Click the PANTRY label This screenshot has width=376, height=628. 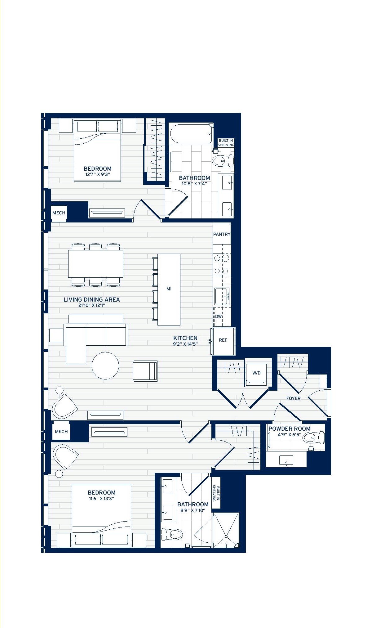(x=222, y=234)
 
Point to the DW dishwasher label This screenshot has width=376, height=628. (x=219, y=316)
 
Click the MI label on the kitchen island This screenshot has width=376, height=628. (x=169, y=289)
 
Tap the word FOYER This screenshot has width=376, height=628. (x=293, y=398)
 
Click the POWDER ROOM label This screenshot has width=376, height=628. (x=290, y=428)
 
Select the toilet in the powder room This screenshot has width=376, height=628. (x=313, y=438)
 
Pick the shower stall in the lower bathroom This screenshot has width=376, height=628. (x=226, y=530)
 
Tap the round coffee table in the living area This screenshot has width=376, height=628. (x=105, y=366)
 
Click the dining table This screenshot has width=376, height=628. (x=96, y=264)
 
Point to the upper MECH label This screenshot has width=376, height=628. (x=59, y=213)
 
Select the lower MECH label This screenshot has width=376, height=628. (x=61, y=432)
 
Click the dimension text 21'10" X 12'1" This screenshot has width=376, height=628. (x=92, y=305)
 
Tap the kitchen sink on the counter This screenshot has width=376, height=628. (x=222, y=296)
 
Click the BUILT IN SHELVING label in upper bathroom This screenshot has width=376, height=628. (x=226, y=143)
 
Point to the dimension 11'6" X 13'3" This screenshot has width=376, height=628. (x=101, y=499)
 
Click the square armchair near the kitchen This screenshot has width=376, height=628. (x=145, y=371)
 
